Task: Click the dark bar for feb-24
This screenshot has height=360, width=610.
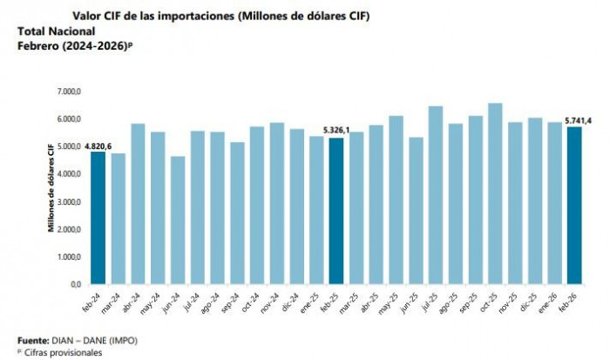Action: (98, 218)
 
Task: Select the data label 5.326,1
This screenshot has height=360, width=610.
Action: (336, 132)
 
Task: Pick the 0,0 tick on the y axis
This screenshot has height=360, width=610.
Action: (74, 284)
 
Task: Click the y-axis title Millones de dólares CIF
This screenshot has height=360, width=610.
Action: (51, 188)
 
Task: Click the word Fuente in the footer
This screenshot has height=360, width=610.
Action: (33, 340)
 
